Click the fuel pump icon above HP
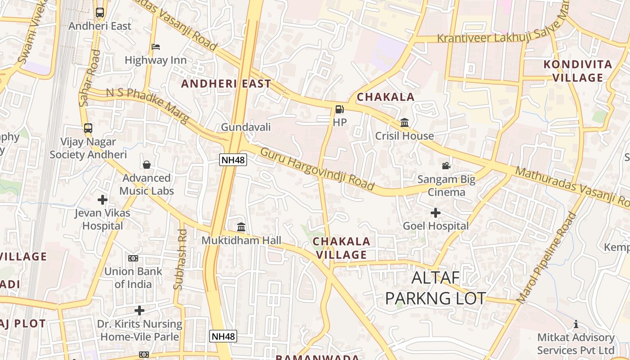(x=339, y=109)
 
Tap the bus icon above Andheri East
(x=100, y=13)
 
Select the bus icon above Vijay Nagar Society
(x=88, y=128)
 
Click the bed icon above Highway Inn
(x=156, y=47)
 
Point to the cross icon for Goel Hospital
(x=436, y=213)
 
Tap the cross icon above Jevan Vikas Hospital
(x=103, y=199)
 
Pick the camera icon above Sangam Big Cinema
(x=446, y=166)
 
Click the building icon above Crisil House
(x=404, y=122)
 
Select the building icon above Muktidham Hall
(x=241, y=227)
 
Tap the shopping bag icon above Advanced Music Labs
(x=147, y=165)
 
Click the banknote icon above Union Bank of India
(x=133, y=258)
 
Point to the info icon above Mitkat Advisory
(x=576, y=324)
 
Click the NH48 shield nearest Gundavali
(x=233, y=159)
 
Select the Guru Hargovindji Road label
(x=317, y=169)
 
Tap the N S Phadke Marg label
(x=148, y=105)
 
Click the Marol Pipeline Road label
(x=546, y=257)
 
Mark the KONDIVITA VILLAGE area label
(x=578, y=71)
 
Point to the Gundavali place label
(x=246, y=127)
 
